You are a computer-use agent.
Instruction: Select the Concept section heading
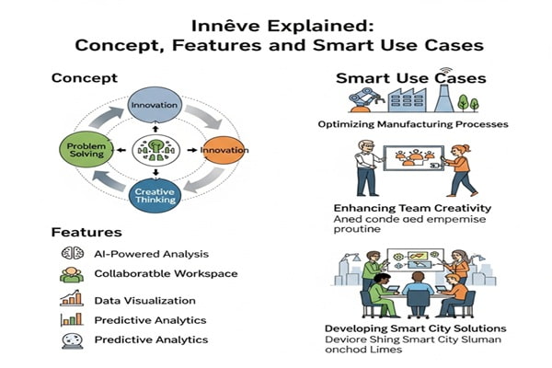[84, 78]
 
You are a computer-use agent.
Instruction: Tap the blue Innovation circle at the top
[154, 107]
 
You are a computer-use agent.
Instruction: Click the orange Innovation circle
[220, 149]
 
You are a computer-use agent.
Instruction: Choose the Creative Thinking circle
[154, 196]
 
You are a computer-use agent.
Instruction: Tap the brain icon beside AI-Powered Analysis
[72, 254]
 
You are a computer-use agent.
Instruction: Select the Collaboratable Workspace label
[166, 273]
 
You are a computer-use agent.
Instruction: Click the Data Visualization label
[144, 300]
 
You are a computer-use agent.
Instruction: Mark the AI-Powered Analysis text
[151, 254]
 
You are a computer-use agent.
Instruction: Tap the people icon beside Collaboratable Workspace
[72, 274]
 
